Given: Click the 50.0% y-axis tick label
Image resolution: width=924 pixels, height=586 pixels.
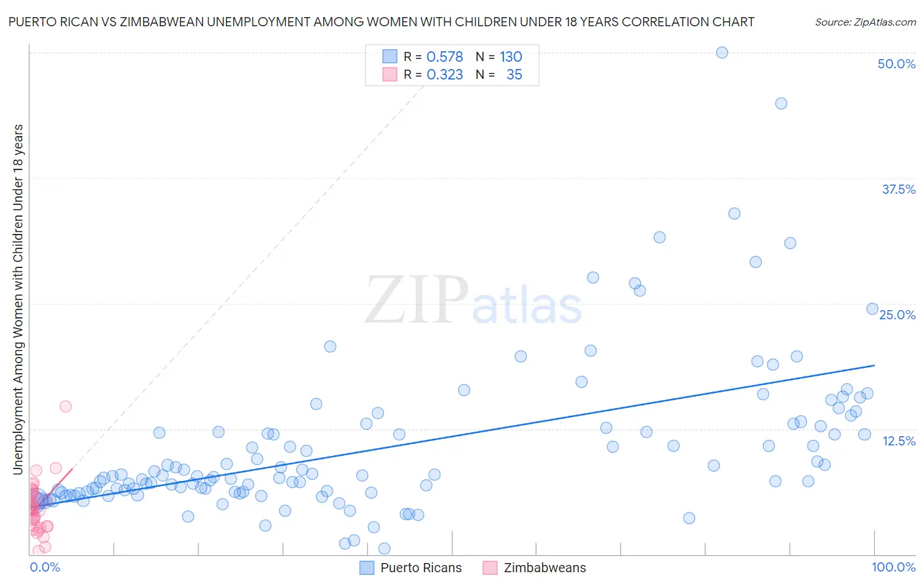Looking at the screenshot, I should coord(896,64).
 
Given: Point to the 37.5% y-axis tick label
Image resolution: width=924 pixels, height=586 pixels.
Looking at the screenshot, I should coord(898,189).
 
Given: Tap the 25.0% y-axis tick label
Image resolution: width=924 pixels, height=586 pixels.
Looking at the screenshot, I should coord(897,315).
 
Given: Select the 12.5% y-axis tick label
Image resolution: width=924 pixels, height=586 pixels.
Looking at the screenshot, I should coord(898,441).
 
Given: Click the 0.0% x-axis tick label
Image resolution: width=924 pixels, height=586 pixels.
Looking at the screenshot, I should coord(45,567).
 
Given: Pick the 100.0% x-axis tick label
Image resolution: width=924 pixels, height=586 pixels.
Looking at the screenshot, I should coord(893,567).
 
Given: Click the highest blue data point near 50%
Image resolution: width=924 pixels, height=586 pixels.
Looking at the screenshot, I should coord(722,53).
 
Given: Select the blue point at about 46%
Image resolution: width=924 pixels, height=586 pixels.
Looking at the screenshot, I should coord(781,103).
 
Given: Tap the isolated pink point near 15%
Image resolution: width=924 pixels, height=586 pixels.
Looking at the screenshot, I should coord(66,406).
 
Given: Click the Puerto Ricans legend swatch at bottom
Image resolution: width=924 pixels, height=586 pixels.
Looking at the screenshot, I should coord(367,568).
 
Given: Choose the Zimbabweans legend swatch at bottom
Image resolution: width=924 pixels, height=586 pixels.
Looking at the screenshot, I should coord(490,568).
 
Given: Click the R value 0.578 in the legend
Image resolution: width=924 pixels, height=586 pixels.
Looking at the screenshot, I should coord(445,57).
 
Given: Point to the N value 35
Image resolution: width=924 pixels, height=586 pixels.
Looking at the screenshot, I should coord(514,75).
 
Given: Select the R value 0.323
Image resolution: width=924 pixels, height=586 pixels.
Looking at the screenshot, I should coord(445,75).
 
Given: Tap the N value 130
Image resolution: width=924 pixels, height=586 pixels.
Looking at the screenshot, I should coord(511,57).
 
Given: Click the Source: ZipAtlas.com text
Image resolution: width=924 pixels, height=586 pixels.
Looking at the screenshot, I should coord(865,22).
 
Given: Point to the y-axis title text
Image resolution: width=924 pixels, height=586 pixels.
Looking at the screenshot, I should coord(18,299).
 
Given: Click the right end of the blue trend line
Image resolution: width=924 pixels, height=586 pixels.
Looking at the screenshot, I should coord(874,365).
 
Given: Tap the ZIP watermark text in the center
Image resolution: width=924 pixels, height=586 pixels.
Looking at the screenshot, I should coord(417,301).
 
